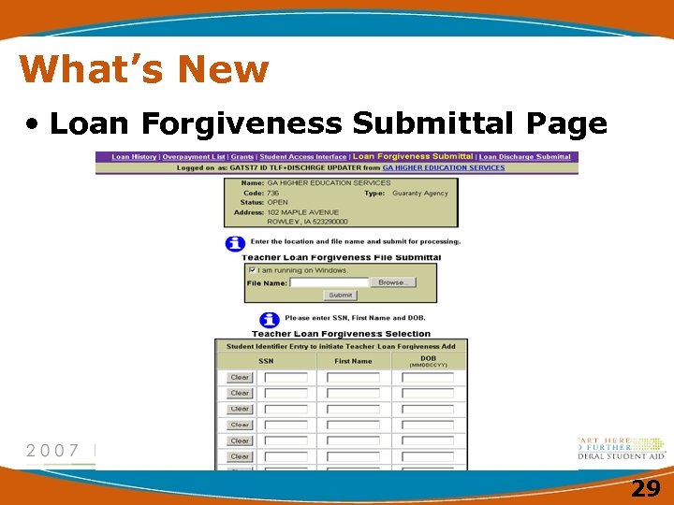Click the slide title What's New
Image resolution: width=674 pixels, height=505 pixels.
point(143,69)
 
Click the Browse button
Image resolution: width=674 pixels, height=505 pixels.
point(392,281)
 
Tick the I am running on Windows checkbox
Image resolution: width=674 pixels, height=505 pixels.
point(253,270)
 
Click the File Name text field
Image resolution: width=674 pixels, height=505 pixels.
point(330,281)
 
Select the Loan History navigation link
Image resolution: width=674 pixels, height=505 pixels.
point(134,157)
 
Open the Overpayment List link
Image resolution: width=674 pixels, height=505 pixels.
point(194,157)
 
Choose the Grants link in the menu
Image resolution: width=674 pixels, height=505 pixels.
point(242,157)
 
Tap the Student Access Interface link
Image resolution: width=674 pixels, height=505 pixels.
point(302,157)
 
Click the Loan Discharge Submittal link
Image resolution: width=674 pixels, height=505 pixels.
point(525,157)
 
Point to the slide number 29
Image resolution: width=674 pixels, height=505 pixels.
point(644,488)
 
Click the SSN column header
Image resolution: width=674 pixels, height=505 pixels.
point(266,361)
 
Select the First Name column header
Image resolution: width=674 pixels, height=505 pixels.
point(353,361)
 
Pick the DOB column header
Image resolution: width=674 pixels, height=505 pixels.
point(428,358)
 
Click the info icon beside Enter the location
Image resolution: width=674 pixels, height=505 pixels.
point(235,242)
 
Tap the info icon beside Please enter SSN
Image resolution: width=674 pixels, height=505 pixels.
point(269,319)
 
